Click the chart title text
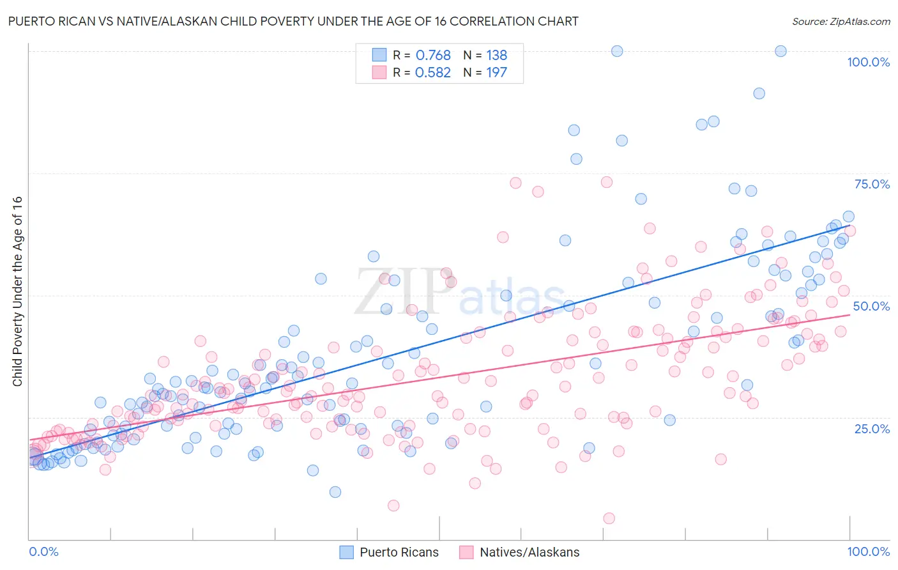(293, 21)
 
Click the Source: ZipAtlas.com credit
(841, 21)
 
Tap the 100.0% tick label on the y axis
(868, 62)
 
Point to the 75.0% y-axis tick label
(872, 184)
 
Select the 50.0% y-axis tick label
(871, 306)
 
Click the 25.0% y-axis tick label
(872, 428)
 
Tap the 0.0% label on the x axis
(43, 551)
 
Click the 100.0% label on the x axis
(868, 551)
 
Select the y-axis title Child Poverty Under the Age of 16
(17, 291)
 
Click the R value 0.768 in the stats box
(433, 56)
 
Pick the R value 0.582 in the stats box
(433, 73)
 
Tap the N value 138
(496, 56)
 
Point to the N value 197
(496, 73)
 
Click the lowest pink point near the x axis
(609, 518)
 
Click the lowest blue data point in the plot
(335, 492)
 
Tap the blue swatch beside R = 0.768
(379, 55)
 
